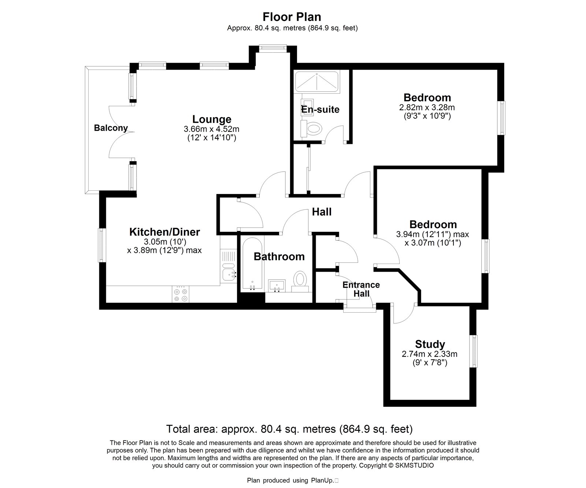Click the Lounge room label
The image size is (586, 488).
(212, 119)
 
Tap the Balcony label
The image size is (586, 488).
(111, 128)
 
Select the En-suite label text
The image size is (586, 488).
(320, 109)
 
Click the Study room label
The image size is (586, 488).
(430, 344)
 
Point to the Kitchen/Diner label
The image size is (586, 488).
(165, 232)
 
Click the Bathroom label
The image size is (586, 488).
(279, 257)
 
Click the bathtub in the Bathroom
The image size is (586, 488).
(252, 263)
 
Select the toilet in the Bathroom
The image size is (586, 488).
(300, 281)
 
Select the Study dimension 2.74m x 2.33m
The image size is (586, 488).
(430, 354)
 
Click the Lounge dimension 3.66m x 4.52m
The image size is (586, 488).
(212, 129)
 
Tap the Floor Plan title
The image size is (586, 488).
(292, 17)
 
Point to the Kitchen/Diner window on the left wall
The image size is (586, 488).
(101, 245)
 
